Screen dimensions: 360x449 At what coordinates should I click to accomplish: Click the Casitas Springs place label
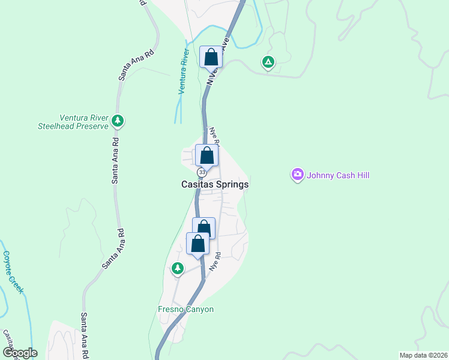(x=214, y=185)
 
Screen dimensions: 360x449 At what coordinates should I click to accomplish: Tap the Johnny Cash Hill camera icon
(x=298, y=175)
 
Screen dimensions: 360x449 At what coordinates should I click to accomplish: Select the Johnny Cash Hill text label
(x=337, y=175)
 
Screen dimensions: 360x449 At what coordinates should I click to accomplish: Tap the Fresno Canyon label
(x=182, y=310)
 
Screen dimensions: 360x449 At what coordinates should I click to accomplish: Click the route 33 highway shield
(x=202, y=172)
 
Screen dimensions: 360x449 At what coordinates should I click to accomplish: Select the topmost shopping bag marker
(x=211, y=58)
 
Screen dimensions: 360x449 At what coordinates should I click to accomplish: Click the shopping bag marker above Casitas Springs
(x=206, y=155)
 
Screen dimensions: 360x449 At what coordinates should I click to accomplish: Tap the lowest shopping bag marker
(x=197, y=244)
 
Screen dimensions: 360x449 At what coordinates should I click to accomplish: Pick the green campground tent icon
(x=268, y=62)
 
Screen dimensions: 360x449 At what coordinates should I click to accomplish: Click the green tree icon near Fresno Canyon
(x=177, y=268)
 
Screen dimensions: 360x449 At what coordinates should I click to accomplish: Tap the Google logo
(x=20, y=353)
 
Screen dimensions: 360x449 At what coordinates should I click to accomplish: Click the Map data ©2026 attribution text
(x=423, y=355)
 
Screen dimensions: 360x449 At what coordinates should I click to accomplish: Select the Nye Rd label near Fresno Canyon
(x=214, y=263)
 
